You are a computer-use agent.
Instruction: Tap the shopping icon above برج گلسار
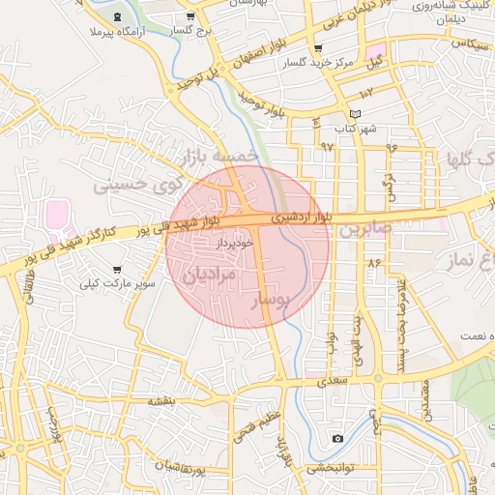(191, 16)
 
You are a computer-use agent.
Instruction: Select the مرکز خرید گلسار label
(317, 63)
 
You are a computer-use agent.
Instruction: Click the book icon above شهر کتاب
(356, 114)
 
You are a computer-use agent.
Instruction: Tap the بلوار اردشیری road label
(301, 218)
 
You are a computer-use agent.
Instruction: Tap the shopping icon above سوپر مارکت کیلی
(118, 270)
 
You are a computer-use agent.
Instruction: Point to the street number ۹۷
(327, 147)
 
